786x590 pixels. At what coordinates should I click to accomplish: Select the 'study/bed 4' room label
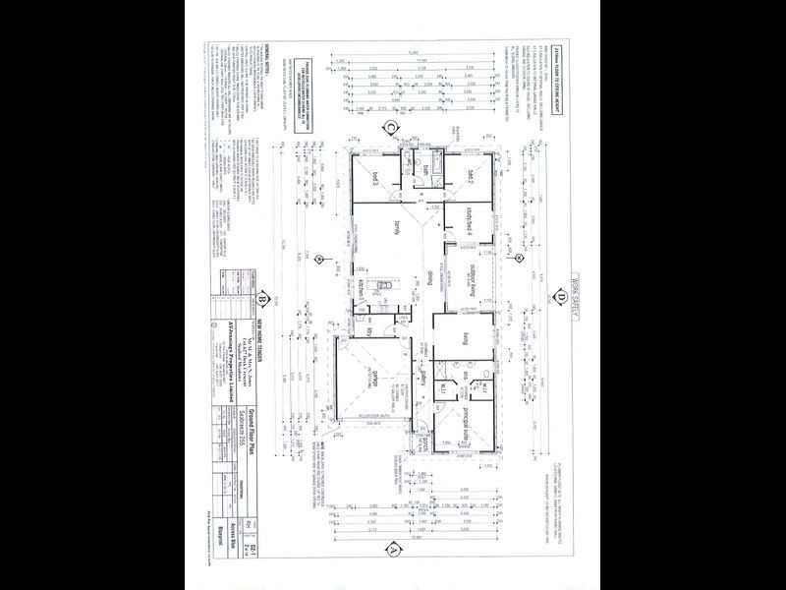pyautogui.click(x=471, y=220)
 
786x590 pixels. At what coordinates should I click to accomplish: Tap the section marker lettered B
pyautogui.click(x=262, y=301)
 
